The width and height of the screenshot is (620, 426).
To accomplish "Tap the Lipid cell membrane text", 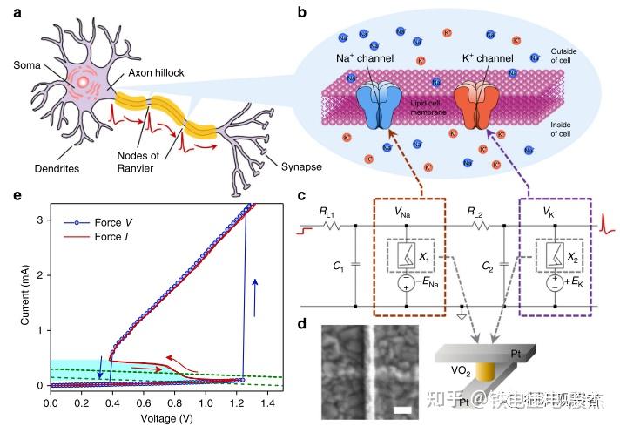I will (433, 106).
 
